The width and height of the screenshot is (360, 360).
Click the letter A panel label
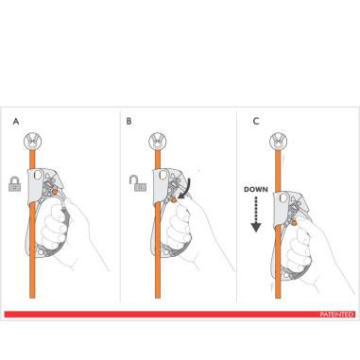[x=16, y=122]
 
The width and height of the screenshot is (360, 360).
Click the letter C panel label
[x=258, y=122]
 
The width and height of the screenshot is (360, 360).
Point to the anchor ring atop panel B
[x=156, y=142]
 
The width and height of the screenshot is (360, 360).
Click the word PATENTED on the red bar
[x=335, y=313]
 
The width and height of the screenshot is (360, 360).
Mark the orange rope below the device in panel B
[x=155, y=279]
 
